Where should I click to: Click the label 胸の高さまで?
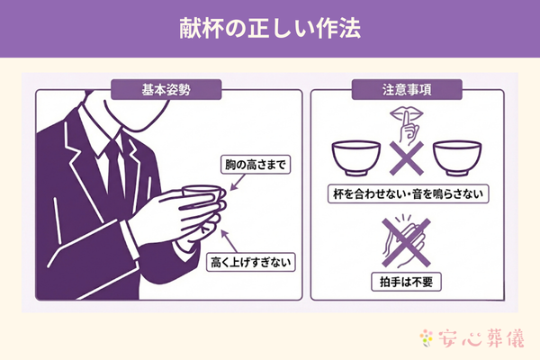(257, 166)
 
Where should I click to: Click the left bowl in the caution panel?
(355, 159)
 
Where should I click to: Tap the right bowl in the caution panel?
(453, 159)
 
